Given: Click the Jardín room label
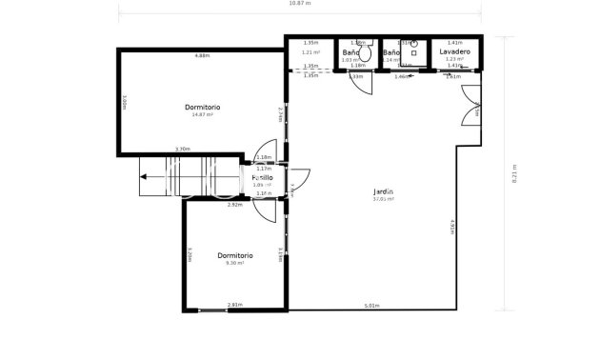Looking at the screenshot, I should (x=383, y=191).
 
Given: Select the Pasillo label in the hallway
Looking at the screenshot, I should (x=263, y=177).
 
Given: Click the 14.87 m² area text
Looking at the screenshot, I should (x=202, y=115).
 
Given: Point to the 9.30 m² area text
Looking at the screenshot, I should (x=234, y=263).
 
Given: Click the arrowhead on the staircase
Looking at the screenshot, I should (x=143, y=176).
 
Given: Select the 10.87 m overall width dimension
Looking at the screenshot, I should (x=299, y=5).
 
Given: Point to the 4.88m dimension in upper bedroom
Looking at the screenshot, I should (x=202, y=56).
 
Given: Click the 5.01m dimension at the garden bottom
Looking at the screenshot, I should (x=371, y=306).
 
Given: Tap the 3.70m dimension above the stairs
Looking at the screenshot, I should (x=183, y=149).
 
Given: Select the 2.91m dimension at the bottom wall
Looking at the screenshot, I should (x=234, y=305).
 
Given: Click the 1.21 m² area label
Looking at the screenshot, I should (x=310, y=52).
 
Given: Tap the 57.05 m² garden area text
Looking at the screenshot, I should (x=383, y=200).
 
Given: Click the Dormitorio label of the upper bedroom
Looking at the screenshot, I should (x=202, y=107).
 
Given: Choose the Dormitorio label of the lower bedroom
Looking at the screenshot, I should (x=234, y=255).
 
